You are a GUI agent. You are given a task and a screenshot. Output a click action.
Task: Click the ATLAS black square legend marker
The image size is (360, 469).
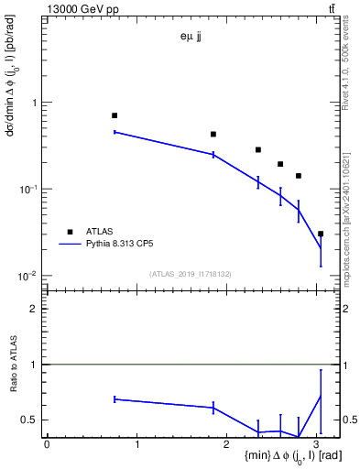[69, 232]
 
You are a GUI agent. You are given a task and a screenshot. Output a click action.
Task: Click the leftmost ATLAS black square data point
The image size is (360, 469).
[115, 115]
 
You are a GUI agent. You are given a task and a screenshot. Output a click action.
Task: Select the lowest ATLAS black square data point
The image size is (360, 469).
[320, 234]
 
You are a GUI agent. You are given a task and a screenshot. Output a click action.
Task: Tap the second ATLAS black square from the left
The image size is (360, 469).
[213, 134]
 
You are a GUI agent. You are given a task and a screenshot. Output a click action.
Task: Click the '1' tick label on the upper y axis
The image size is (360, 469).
[34, 103]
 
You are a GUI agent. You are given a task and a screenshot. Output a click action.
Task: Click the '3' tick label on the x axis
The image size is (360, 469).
[317, 444]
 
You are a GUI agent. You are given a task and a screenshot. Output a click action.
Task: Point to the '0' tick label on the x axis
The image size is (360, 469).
[47, 444]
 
